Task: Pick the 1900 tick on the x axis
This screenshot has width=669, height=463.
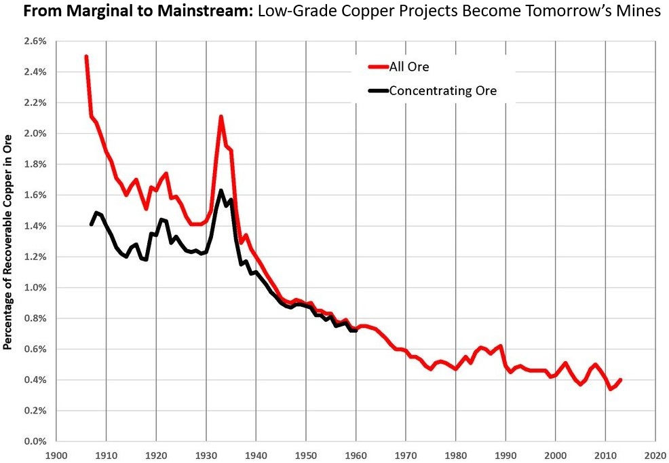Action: (x=56, y=455)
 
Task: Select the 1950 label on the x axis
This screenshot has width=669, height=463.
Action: (x=306, y=455)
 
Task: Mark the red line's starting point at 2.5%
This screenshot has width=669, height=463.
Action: (x=86, y=57)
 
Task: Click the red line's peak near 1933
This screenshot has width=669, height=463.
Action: (x=221, y=117)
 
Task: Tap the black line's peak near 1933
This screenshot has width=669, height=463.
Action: (x=221, y=191)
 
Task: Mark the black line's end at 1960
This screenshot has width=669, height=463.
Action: (x=356, y=330)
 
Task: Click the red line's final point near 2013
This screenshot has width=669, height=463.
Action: (x=620, y=380)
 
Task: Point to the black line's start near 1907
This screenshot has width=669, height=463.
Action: (x=92, y=224)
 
